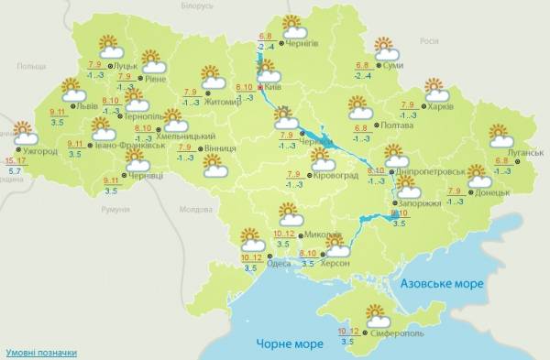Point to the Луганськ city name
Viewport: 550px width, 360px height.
525,152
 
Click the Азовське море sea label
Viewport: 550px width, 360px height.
440,284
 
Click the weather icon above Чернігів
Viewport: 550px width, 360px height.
292,25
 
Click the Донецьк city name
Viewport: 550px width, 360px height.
498,192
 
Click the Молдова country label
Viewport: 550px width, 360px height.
196,210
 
